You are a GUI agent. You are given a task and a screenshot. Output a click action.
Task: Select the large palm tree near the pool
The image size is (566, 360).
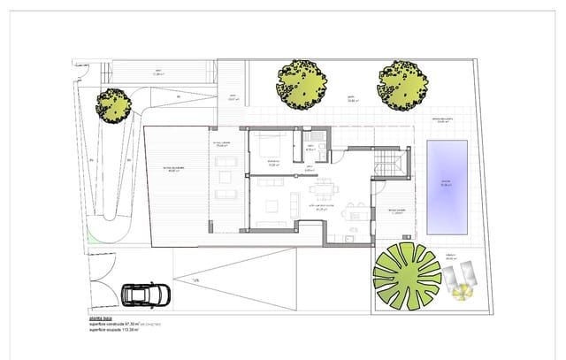click(407, 274)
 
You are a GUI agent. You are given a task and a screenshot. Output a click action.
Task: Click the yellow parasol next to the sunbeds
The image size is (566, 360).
click(459, 281)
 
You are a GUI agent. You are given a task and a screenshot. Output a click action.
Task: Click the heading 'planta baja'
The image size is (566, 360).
click(101, 318)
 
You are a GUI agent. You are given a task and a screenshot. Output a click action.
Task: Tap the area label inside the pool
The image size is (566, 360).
click(446, 185)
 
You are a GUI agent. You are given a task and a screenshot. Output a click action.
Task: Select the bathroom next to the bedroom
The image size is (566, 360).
click(311, 149)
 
